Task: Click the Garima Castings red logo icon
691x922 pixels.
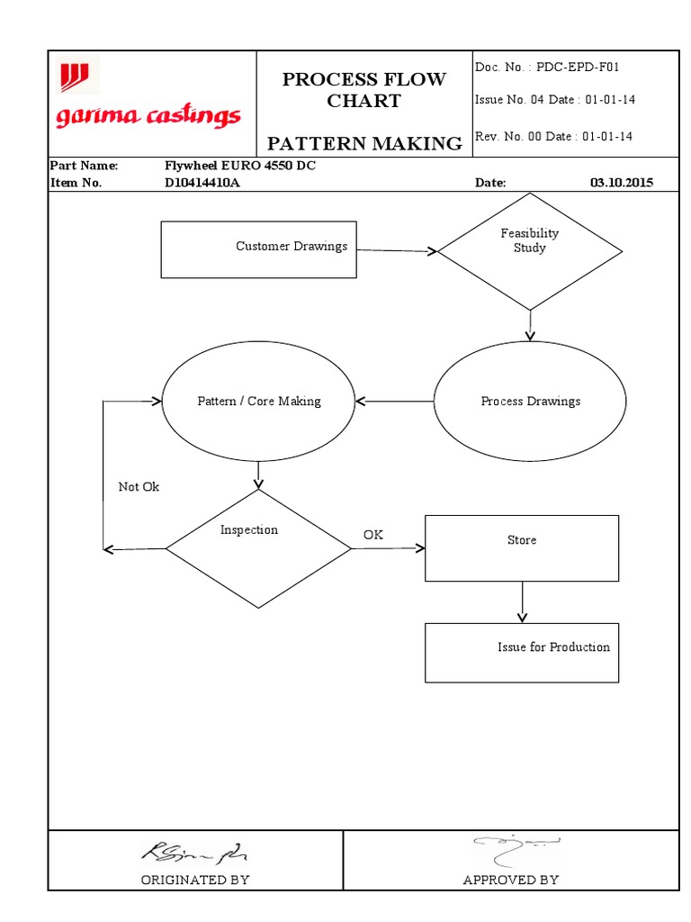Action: (x=75, y=77)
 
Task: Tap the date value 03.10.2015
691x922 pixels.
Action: (x=622, y=183)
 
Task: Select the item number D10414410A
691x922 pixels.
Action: (x=202, y=183)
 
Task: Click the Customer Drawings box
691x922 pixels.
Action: (x=258, y=249)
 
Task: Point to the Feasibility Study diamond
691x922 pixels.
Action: (x=529, y=251)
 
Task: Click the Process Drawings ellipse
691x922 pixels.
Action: (x=530, y=402)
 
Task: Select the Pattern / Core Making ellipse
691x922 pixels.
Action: (x=258, y=402)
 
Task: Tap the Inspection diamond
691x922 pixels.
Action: (x=258, y=547)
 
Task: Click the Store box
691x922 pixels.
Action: (x=522, y=547)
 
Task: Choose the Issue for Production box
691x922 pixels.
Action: (x=522, y=652)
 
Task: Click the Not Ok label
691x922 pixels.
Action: (x=139, y=487)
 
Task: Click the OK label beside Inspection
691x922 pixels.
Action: (x=372, y=535)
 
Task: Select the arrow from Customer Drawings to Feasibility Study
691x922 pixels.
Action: (x=396, y=251)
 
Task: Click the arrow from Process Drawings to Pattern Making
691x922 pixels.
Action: (x=394, y=402)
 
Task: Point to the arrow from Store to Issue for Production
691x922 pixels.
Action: (x=522, y=601)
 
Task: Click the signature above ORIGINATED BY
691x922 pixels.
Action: (x=194, y=851)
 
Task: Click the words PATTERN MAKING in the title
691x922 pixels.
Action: (x=364, y=143)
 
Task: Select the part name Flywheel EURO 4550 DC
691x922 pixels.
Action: (x=240, y=167)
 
